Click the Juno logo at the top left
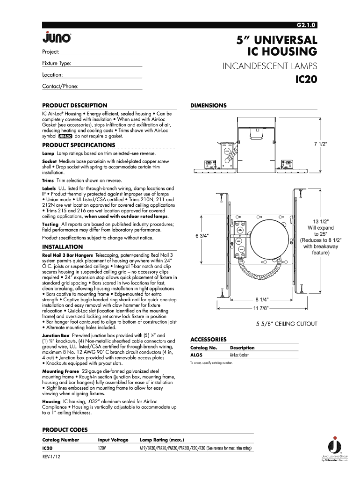[57, 37]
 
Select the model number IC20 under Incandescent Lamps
[306, 80]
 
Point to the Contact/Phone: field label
[60, 86]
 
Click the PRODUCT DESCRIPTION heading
[75, 105]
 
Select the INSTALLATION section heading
[63, 247]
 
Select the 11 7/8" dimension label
[261, 308]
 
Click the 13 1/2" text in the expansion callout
[320, 221]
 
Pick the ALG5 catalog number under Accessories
[197, 355]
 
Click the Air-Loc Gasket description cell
[239, 355]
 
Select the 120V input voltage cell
[102, 448]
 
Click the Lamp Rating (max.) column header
[162, 440]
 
